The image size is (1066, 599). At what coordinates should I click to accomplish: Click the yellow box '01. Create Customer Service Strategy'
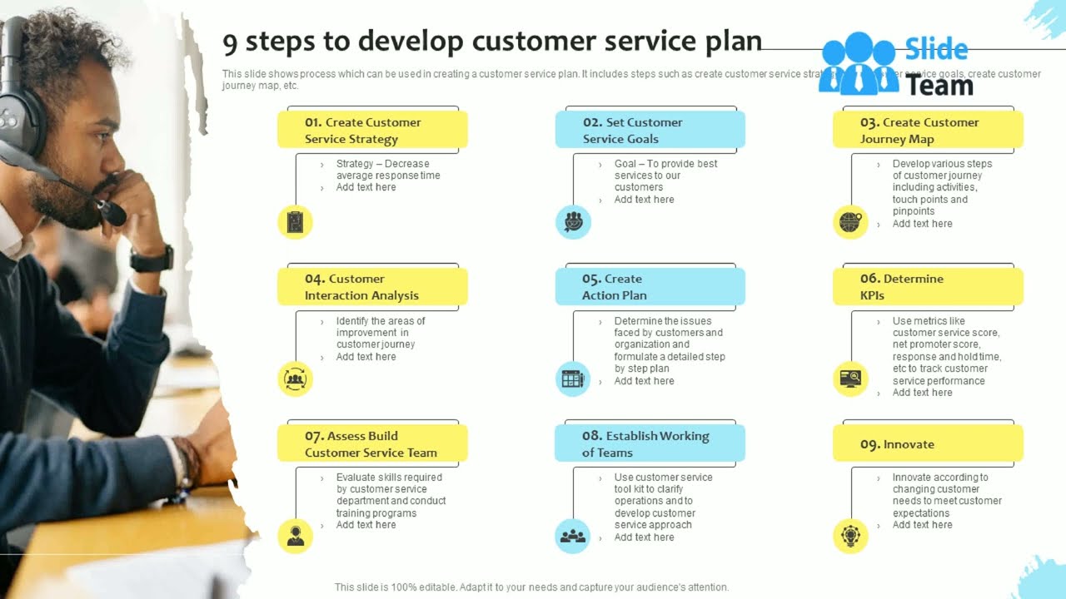(372, 131)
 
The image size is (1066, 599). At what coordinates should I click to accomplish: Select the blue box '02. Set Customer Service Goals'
(650, 131)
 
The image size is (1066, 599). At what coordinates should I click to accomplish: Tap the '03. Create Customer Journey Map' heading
(928, 131)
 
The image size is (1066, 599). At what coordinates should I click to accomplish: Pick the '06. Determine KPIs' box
(928, 287)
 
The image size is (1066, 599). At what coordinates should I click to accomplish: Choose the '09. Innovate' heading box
(928, 444)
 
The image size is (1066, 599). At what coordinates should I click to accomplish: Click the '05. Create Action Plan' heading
(650, 287)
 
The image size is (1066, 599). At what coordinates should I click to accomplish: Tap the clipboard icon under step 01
(295, 222)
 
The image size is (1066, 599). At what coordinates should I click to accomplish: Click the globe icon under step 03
(850, 222)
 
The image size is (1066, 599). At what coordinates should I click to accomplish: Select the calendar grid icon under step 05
(573, 379)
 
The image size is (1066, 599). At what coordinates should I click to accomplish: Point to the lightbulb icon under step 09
(850, 536)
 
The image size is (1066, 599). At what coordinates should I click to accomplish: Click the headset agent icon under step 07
(295, 536)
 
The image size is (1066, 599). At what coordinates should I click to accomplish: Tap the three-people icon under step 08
(573, 536)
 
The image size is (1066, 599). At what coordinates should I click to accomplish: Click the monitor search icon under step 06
(850, 379)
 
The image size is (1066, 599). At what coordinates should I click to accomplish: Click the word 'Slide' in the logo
(936, 50)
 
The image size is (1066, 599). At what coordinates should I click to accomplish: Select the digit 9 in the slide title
(230, 42)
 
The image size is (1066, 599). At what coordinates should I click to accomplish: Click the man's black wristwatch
(152, 259)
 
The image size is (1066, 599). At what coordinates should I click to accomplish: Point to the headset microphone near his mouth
(111, 213)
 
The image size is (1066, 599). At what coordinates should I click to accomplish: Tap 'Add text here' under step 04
(366, 357)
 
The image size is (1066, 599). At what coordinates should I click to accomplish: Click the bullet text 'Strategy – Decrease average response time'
(387, 170)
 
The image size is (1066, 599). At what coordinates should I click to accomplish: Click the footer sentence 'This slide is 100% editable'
(531, 587)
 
